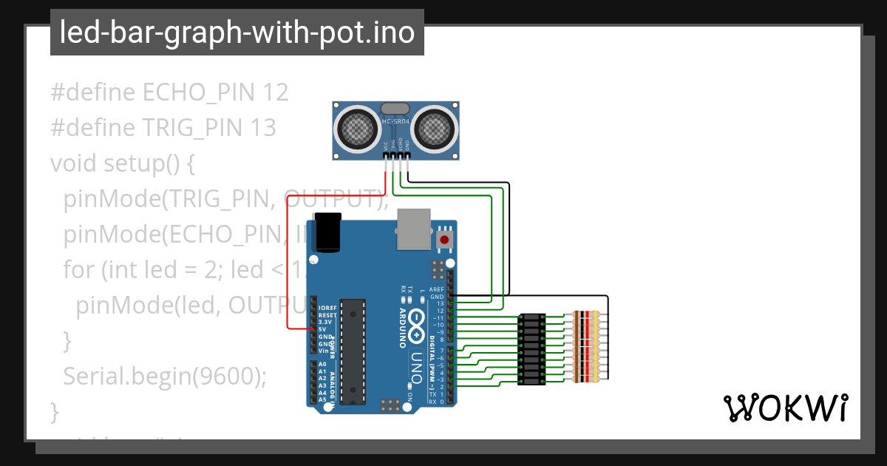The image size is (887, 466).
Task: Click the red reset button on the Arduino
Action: pos(444,240)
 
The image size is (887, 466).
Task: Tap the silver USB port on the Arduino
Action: pos(414,228)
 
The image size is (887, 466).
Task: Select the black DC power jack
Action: pos(327,232)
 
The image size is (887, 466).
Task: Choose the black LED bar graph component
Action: pos(531,348)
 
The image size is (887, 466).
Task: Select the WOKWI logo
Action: pos(785,408)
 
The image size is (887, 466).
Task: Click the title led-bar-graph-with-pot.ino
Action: pos(237,33)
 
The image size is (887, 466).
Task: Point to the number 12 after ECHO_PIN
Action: pos(275,92)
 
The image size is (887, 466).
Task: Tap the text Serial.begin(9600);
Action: pos(164,376)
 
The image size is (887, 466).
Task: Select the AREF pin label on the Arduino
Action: pos(437,289)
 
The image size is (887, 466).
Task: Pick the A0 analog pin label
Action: pos(322,365)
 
